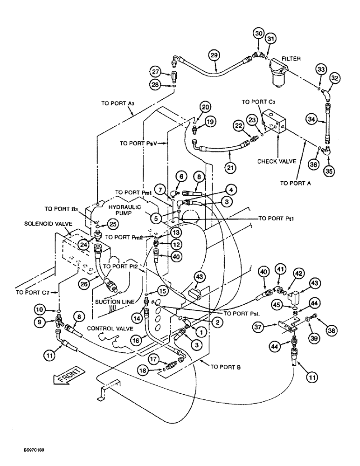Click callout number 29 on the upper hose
coord(214,55)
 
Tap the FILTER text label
coord(292,59)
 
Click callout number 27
coord(155,71)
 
